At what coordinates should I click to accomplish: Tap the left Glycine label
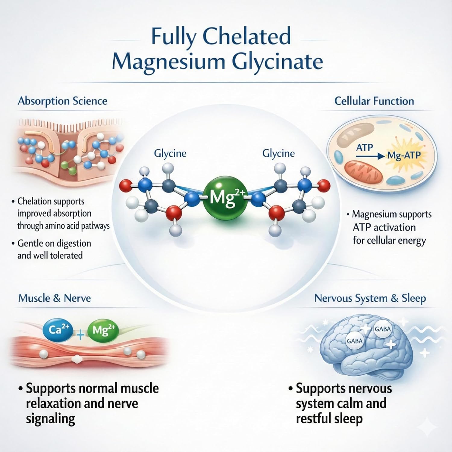point(170,154)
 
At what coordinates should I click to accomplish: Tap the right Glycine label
point(278,154)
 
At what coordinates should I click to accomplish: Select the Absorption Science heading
point(63,101)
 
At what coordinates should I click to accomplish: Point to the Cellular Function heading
point(374,101)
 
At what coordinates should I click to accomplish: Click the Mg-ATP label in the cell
point(404,156)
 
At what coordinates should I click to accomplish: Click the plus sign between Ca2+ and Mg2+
point(80,334)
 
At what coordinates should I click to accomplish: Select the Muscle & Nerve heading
point(55,298)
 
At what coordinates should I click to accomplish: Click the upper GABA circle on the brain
point(382,329)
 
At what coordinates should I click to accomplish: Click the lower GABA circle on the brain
point(355,341)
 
